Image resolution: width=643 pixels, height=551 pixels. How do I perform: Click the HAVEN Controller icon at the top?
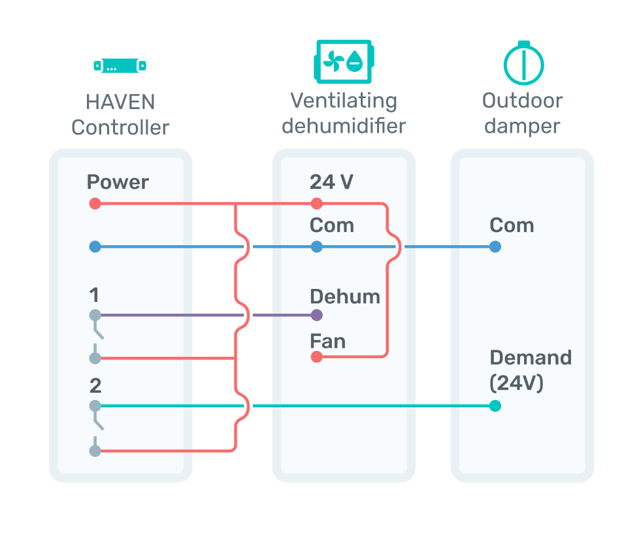point(120,65)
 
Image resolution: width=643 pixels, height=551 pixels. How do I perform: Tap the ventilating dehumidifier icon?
point(344,61)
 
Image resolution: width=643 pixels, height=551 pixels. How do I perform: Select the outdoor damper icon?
point(523,63)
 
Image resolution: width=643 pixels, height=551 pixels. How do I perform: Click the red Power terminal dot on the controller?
point(95,203)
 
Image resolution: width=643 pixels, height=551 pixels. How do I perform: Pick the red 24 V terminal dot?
point(316,203)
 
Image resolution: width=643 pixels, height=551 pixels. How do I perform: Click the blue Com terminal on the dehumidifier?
point(316,246)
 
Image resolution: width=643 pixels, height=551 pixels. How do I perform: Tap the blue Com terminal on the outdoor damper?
point(495,246)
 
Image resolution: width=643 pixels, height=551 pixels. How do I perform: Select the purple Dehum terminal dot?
point(316,315)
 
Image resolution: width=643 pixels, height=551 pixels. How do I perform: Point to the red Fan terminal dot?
point(316,357)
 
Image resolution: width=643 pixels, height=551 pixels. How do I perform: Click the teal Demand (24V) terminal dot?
point(495,406)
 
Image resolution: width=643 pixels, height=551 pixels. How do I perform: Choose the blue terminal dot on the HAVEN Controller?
point(95,246)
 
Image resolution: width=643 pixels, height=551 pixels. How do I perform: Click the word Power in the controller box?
point(118,182)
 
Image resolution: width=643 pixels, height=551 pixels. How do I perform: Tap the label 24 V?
point(331,182)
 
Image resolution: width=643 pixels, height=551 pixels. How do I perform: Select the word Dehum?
point(345,296)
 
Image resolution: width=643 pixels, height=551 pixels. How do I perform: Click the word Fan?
point(327,341)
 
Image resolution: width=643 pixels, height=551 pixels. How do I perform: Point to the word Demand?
point(531,358)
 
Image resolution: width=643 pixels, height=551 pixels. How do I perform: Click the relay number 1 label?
point(94,295)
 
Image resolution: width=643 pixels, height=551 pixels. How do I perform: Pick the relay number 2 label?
point(95,386)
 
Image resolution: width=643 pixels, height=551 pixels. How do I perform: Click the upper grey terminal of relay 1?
point(95,315)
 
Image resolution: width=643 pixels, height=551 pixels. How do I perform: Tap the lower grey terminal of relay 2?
point(95,451)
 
